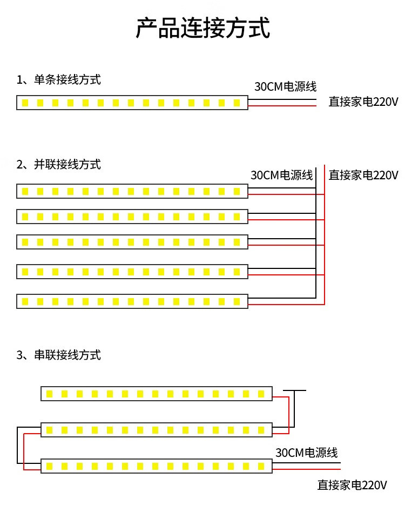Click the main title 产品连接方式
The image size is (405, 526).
202,29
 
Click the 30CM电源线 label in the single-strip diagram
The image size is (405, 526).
285,86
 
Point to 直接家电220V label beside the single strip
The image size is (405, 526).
363,102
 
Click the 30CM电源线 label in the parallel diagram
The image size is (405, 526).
282,175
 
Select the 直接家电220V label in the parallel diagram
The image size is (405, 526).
363,175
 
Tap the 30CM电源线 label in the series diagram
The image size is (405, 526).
306,453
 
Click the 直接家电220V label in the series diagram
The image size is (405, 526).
352,485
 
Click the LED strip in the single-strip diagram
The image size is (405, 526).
132,103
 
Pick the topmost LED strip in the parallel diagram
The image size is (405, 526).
132,191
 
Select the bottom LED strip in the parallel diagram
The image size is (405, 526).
132,301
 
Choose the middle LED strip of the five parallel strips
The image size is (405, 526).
132,241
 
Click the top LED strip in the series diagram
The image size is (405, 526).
157,394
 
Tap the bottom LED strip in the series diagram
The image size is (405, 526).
157,466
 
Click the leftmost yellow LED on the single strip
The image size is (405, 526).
25,103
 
